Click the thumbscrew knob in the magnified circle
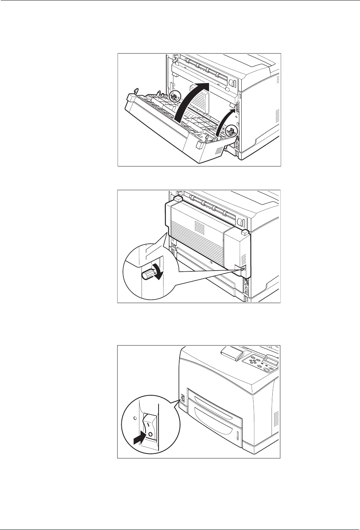point(147,274)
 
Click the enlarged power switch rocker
point(150,429)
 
